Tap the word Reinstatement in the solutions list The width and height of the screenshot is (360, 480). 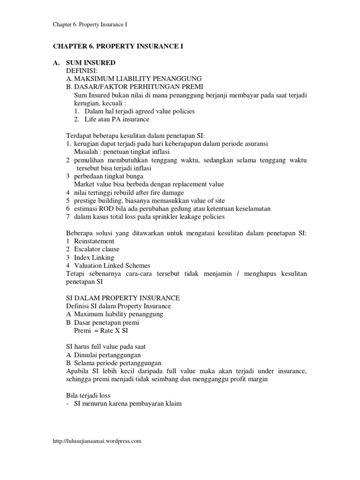tap(94, 241)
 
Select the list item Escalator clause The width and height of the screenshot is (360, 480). tap(97, 249)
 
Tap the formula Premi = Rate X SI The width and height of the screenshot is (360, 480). tap(100, 330)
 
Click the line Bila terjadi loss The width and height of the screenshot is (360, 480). tap(88, 396)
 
